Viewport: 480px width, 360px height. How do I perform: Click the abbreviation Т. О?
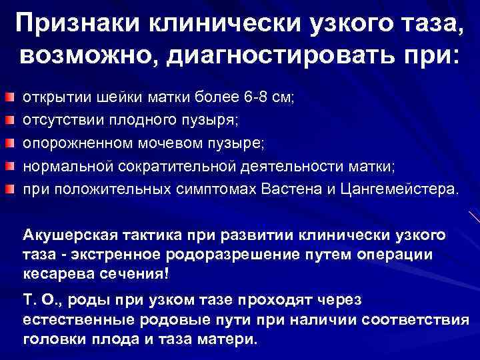(39, 301)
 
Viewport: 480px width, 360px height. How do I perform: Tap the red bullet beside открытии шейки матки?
(7, 97)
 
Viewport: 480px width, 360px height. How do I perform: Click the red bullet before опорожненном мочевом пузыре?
(7, 143)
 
